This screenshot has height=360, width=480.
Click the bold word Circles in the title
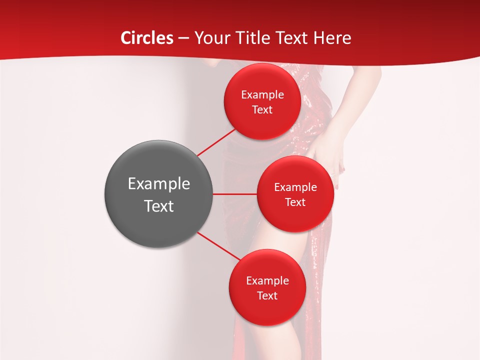tap(147, 38)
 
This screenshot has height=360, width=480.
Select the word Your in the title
tap(210, 38)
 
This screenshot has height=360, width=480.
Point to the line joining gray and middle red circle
tap(235, 194)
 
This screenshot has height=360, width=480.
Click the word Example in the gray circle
tap(158, 184)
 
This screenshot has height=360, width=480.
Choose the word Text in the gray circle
tap(158, 206)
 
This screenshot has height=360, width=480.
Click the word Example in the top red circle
tap(262, 95)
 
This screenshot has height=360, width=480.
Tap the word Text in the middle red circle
tap(295, 202)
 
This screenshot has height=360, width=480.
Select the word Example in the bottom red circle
tap(267, 281)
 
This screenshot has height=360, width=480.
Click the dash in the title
tap(183, 38)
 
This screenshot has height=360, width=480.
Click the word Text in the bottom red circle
tap(267, 295)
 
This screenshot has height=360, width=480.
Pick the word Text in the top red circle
tap(262, 109)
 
